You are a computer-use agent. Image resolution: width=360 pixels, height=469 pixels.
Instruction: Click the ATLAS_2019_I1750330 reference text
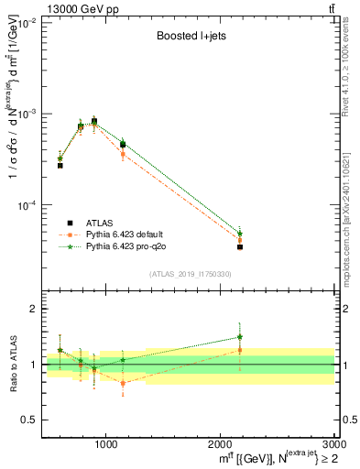pos(191,274)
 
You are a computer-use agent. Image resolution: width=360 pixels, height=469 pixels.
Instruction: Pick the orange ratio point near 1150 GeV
pos(123,383)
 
